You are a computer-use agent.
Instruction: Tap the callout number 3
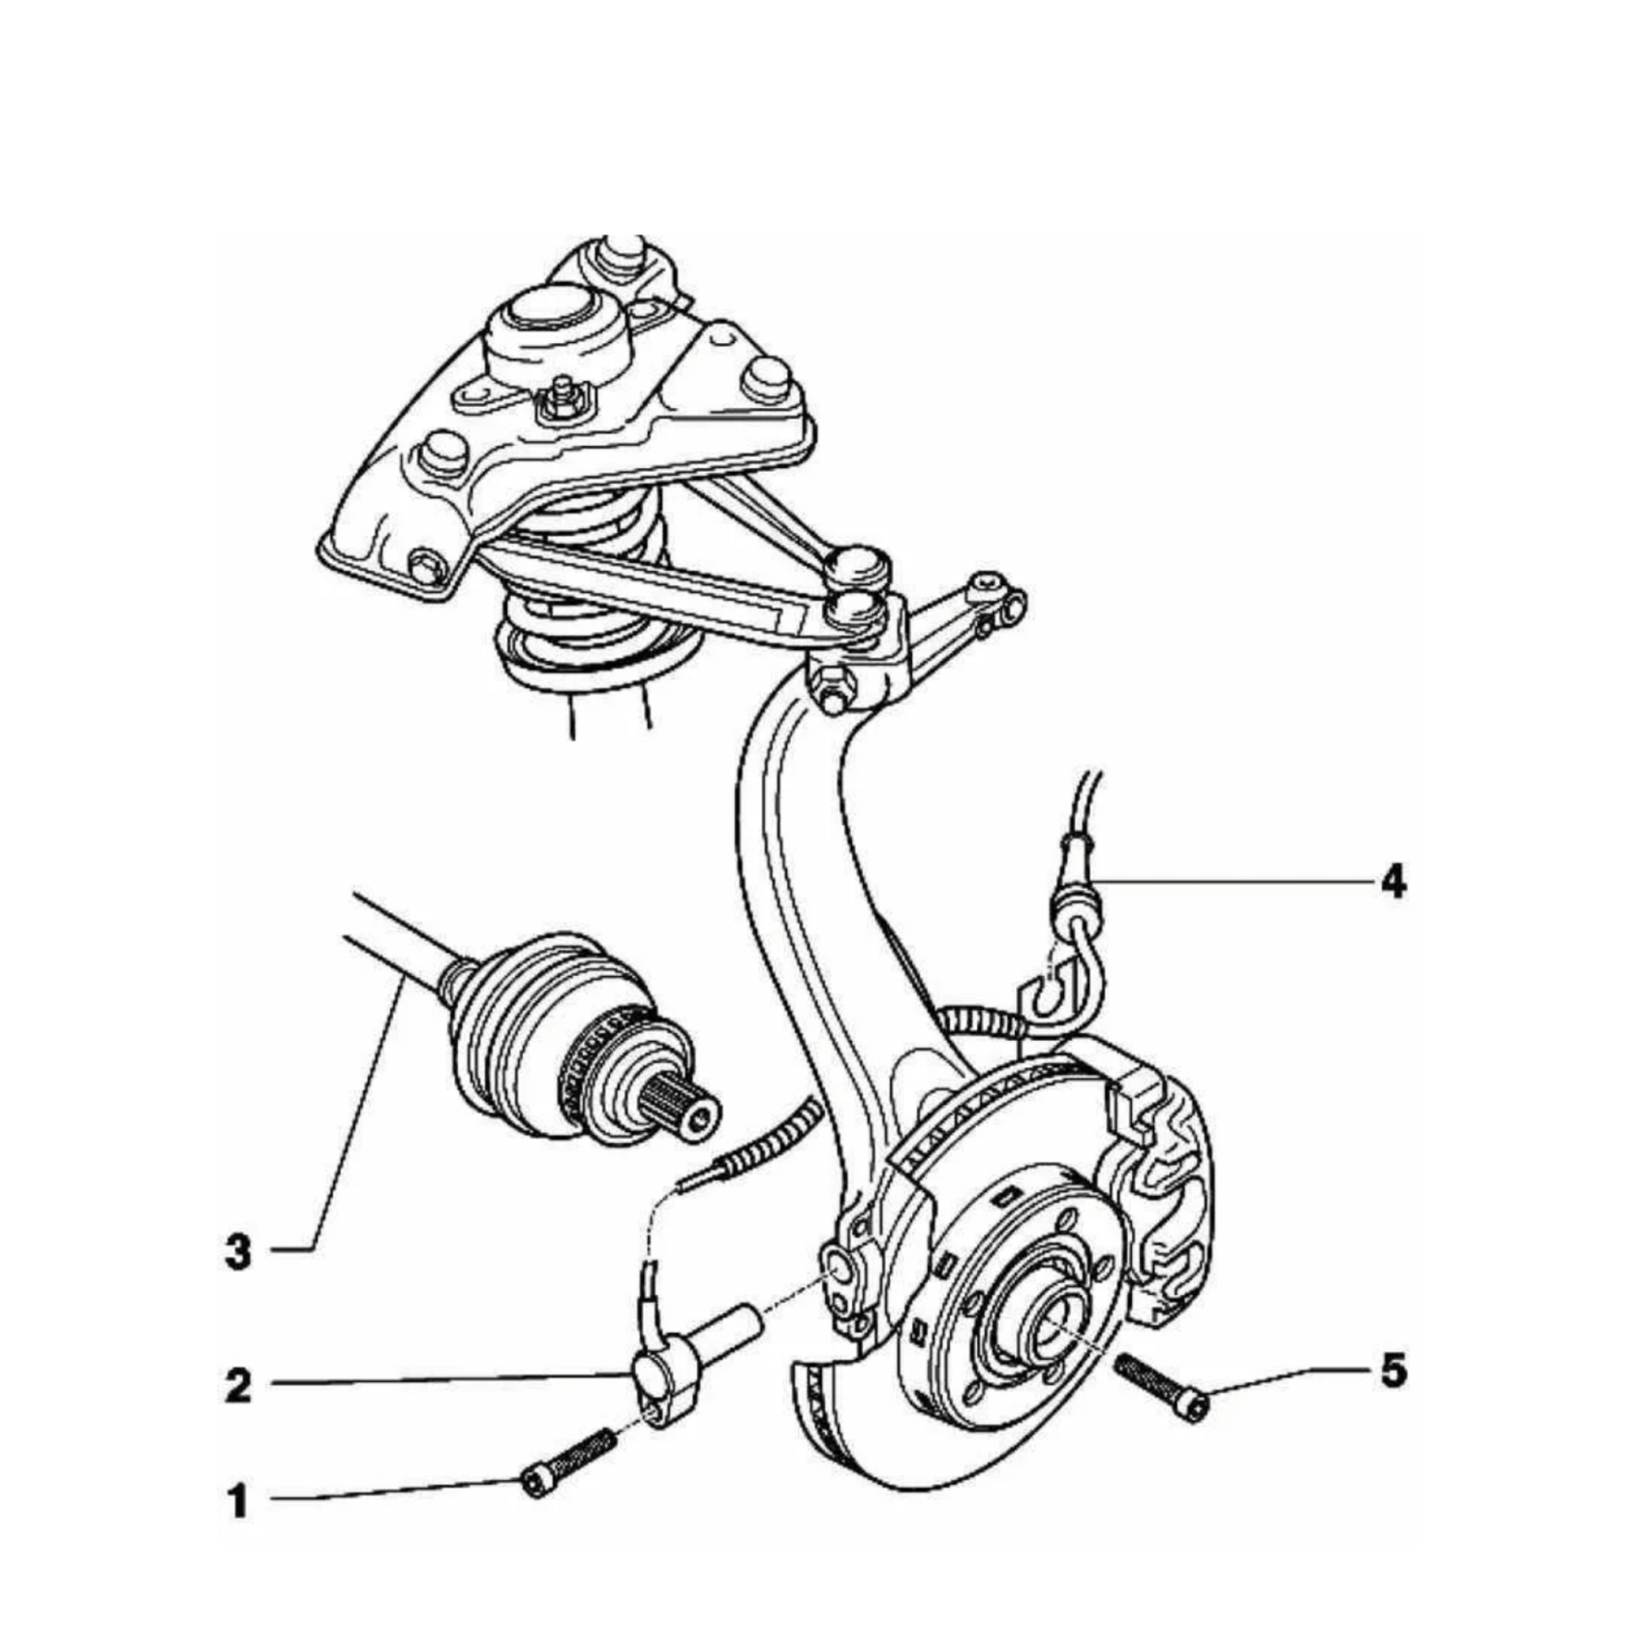click(238, 1252)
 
